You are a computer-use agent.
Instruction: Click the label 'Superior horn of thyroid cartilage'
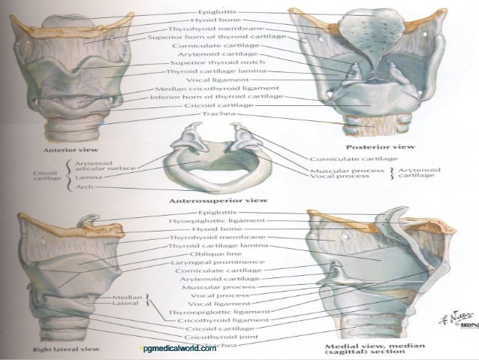click(218, 35)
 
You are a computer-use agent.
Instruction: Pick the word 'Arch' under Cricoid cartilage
click(85, 187)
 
